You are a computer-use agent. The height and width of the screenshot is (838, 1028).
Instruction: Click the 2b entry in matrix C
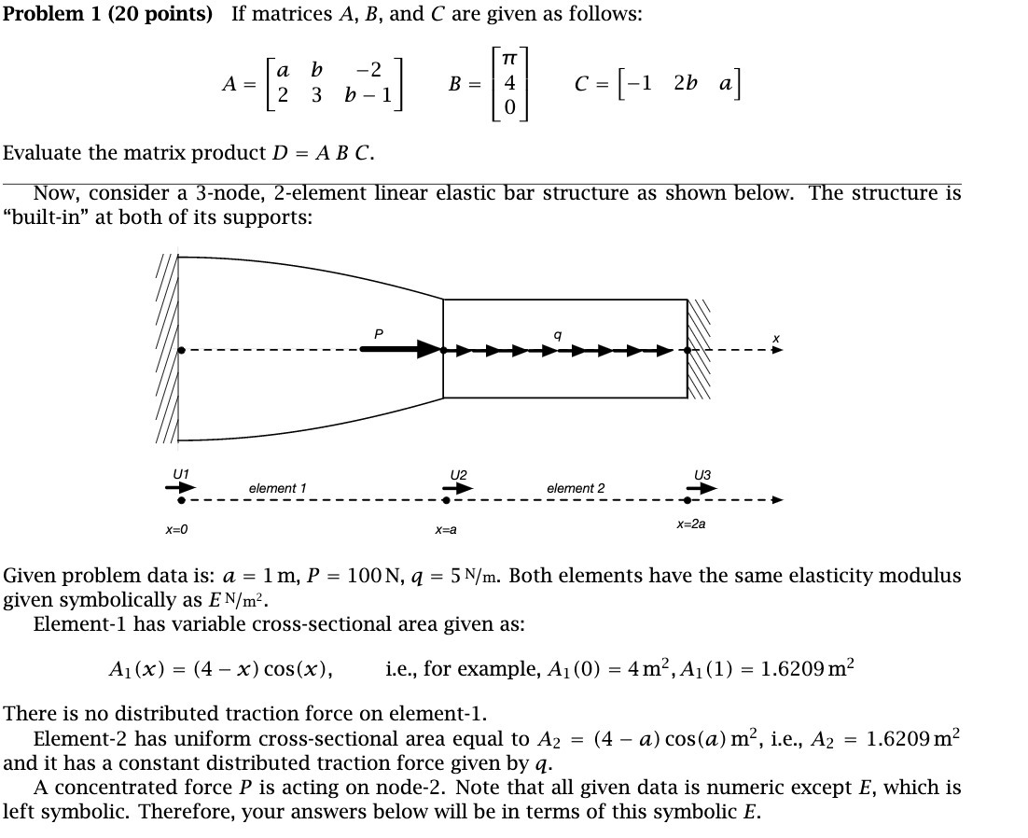tap(686, 82)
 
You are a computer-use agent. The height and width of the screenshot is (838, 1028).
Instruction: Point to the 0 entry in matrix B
tap(508, 108)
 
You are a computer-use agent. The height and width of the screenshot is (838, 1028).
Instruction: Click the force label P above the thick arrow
tap(378, 332)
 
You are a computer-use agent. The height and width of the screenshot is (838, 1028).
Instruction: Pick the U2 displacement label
tap(458, 474)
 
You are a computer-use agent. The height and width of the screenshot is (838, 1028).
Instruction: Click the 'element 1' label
tap(277, 488)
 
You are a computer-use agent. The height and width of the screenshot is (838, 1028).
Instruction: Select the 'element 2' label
tap(576, 488)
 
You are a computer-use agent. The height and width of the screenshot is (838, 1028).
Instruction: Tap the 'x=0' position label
tap(176, 529)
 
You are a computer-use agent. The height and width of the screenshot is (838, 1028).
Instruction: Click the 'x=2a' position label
tap(691, 524)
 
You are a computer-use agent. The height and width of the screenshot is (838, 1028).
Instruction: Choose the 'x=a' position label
tap(446, 529)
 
